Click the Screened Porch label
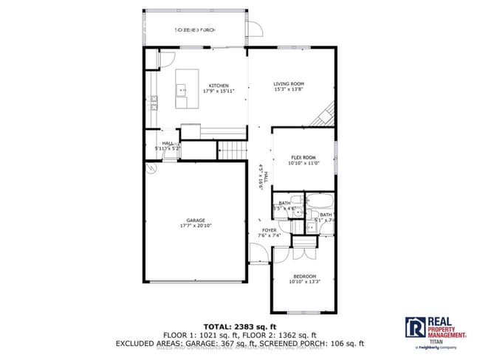(x=194, y=30)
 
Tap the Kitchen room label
(x=218, y=85)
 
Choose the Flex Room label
(x=303, y=158)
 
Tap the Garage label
(x=195, y=221)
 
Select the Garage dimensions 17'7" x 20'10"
(x=195, y=226)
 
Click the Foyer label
(x=270, y=230)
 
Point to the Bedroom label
(x=304, y=276)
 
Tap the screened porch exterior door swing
(x=255, y=30)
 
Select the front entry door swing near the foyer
(x=258, y=255)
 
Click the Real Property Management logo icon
(x=414, y=327)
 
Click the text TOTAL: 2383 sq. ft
(x=239, y=325)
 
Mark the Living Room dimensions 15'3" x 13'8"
(x=289, y=91)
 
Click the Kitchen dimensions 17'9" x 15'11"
(x=218, y=91)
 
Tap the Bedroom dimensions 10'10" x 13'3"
(x=304, y=282)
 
